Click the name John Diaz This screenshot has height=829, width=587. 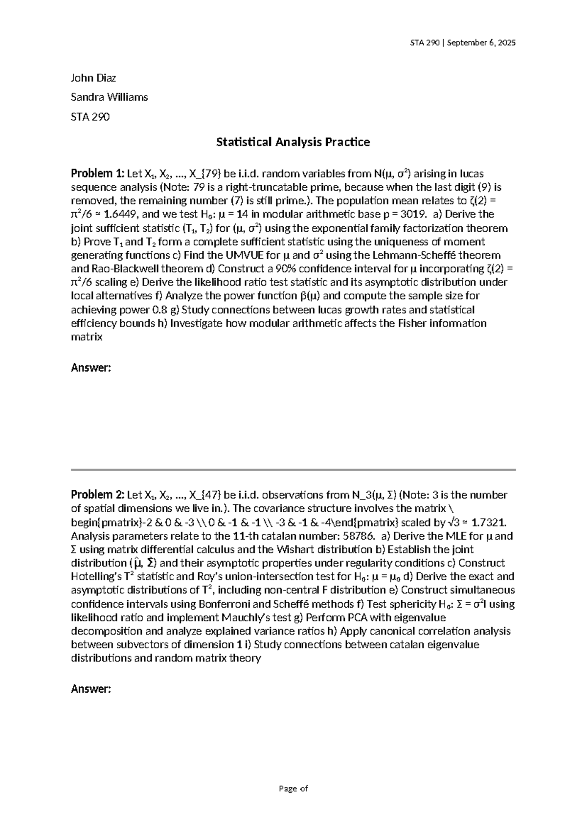[x=93, y=78]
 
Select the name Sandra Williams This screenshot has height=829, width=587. [x=109, y=97]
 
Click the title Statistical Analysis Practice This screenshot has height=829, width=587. [x=293, y=142]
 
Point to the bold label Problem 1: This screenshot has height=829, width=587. [x=97, y=173]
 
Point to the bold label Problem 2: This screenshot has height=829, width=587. [x=97, y=495]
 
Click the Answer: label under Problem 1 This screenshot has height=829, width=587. [x=91, y=368]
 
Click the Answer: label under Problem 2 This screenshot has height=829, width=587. [x=91, y=689]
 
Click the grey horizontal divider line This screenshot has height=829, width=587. [x=293, y=470]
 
